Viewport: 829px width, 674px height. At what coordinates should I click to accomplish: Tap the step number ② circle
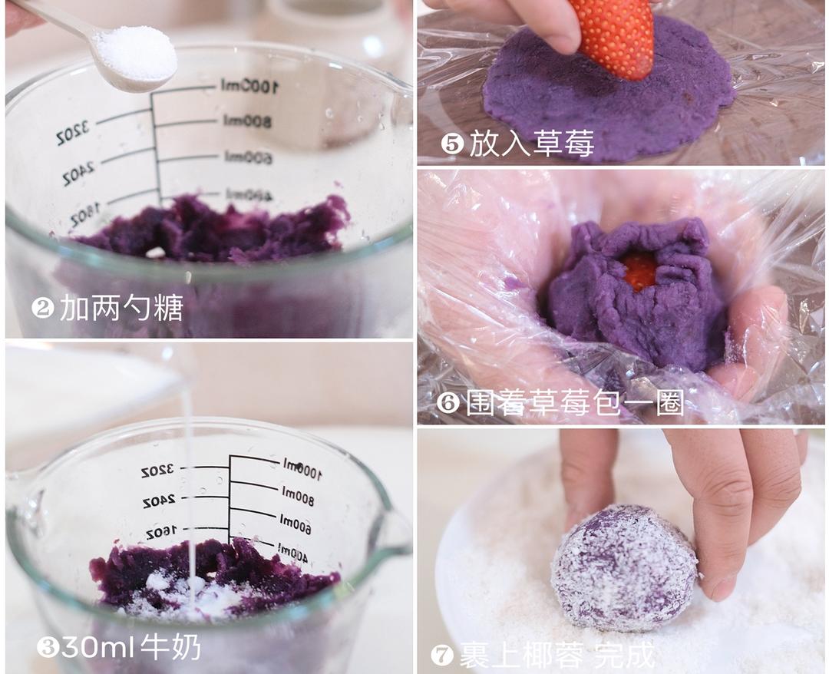42,309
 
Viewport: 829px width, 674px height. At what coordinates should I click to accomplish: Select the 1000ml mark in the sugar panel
248,86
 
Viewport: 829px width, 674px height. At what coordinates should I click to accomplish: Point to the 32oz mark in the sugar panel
73,135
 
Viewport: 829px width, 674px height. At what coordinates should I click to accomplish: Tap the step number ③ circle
48,647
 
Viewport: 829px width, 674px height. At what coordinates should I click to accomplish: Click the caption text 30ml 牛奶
130,647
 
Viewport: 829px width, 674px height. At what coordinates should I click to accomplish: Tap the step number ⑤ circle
452,144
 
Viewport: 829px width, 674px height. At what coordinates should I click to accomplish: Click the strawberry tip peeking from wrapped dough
639,270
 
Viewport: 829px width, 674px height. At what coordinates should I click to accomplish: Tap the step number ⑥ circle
448,403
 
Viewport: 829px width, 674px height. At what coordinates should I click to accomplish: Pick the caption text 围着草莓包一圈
574,403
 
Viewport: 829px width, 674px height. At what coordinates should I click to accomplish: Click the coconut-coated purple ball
623,567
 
